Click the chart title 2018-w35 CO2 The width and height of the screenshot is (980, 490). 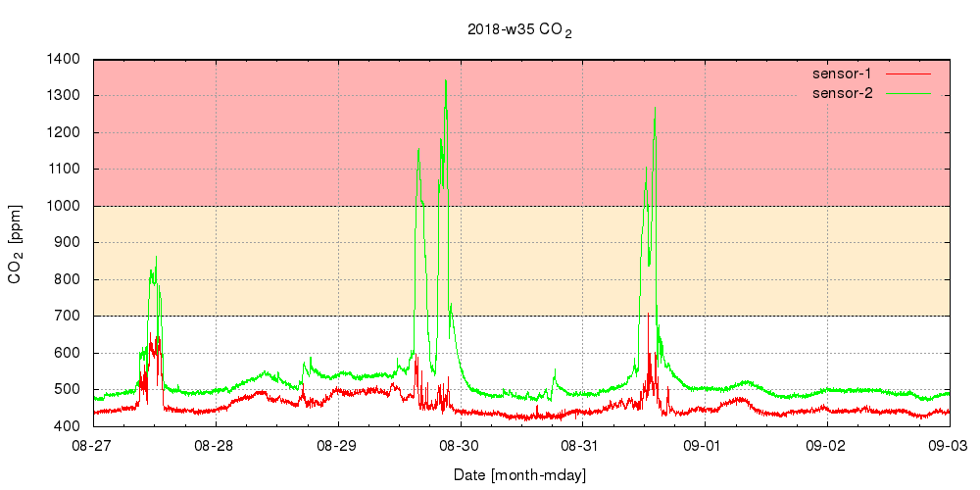coord(519,30)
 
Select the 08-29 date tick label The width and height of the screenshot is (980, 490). coord(338,446)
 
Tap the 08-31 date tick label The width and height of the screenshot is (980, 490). coord(582,446)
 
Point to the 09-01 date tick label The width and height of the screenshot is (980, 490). coord(705,446)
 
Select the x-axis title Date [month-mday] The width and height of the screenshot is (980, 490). coord(520,474)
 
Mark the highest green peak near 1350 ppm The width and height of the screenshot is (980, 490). coord(446,80)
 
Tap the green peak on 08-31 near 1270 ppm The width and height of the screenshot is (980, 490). coord(655,108)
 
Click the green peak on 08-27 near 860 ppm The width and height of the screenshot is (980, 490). coord(156,257)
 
